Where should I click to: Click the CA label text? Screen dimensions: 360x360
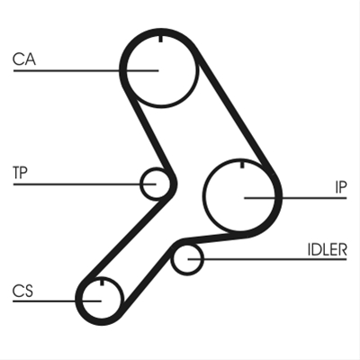(x=24, y=59)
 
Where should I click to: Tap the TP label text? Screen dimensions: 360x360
(x=20, y=172)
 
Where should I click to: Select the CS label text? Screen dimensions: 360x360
(x=22, y=291)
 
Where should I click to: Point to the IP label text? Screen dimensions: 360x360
(x=341, y=187)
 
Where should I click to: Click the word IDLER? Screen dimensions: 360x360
(x=328, y=249)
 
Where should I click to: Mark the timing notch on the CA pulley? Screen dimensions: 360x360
(x=160, y=39)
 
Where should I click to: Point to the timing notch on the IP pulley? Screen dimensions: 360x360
(x=242, y=165)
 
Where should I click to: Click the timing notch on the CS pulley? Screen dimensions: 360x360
(x=102, y=282)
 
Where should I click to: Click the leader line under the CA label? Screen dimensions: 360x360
(x=85, y=71)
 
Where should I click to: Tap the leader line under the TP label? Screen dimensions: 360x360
(x=85, y=184)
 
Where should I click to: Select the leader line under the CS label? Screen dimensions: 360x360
(x=57, y=301)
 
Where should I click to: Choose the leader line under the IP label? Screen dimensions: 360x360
(x=295, y=198)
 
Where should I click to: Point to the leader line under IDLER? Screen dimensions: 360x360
(x=267, y=258)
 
